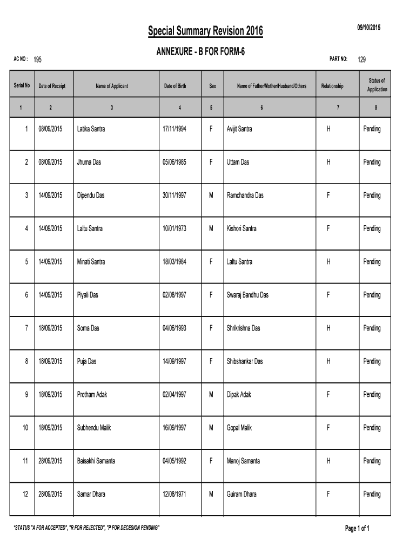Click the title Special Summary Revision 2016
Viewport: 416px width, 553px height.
pos(206,32)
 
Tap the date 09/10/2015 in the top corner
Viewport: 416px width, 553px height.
pos(368,28)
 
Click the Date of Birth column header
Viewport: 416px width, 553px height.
pos(176,86)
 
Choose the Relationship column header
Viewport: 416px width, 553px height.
pos(332,86)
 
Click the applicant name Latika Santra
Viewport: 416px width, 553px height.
pos(91,129)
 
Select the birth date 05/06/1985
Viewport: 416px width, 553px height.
pos(175,163)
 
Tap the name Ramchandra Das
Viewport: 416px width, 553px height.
pos(245,195)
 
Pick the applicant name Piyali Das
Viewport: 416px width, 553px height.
pos(88,295)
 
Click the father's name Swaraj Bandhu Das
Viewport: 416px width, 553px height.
pos(247,295)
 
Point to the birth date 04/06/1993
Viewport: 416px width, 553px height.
pos(175,328)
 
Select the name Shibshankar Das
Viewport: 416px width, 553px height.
pos(245,361)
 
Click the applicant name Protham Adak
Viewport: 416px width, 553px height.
pos(92,395)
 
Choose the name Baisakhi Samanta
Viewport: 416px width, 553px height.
pos(96,461)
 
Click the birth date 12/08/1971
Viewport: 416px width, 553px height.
pos(175,494)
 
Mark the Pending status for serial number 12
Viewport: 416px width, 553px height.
pos(372,494)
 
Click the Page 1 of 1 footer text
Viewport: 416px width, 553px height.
pos(357,528)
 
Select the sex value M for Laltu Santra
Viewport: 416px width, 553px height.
pos(211,228)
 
